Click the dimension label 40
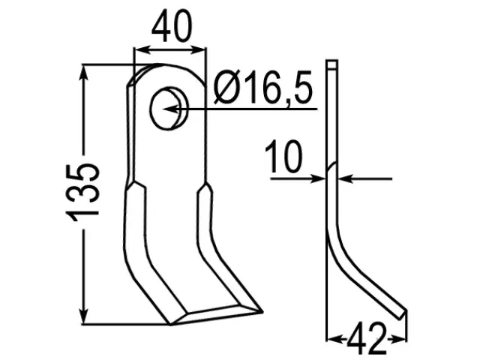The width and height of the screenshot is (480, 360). pyautogui.click(x=172, y=26)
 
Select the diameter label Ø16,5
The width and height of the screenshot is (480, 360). pyautogui.click(x=262, y=88)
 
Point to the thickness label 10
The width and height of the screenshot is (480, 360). pyautogui.click(x=283, y=156)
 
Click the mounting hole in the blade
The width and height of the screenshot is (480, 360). pyautogui.click(x=168, y=108)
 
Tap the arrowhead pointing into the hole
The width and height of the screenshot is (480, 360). pyautogui.click(x=170, y=109)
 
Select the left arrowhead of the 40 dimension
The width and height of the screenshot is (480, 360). pyautogui.click(x=142, y=50)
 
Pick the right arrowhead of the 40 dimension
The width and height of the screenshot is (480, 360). pyautogui.click(x=198, y=50)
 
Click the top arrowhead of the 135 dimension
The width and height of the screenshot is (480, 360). pyautogui.click(x=83, y=73)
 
